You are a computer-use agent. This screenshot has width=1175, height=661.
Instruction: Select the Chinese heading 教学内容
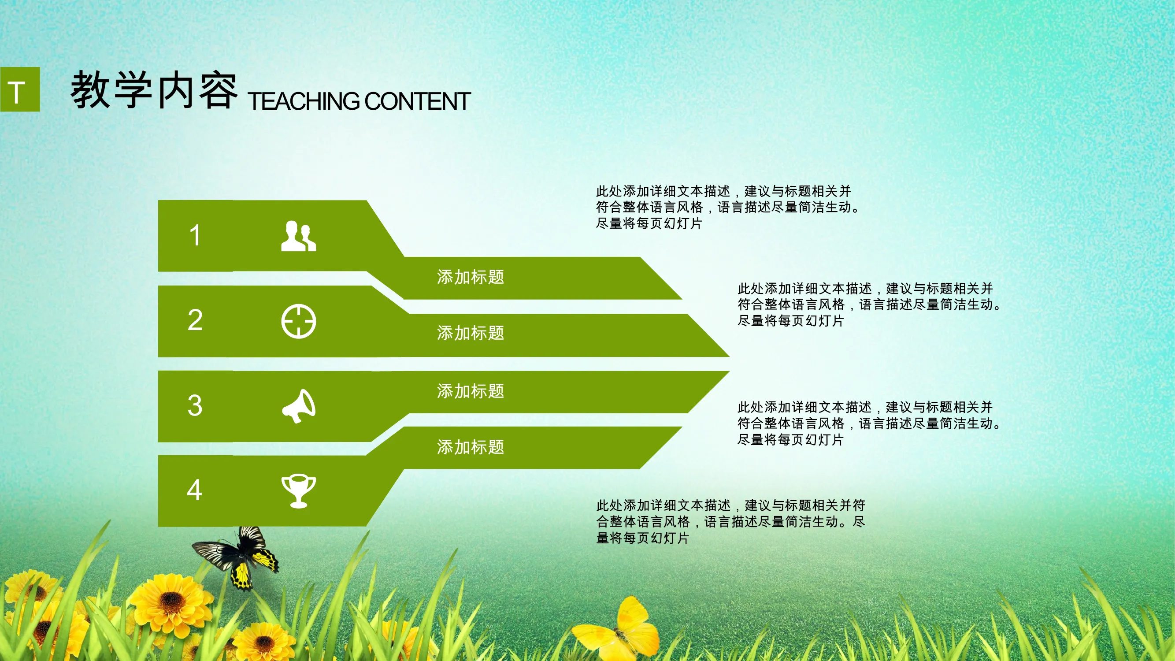point(154,90)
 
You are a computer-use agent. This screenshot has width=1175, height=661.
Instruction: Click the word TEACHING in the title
point(304,101)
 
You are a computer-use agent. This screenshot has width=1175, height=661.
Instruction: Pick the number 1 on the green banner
point(195,235)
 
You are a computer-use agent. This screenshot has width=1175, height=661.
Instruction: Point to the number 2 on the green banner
point(195,320)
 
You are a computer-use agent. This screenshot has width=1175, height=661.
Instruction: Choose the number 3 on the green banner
point(195,405)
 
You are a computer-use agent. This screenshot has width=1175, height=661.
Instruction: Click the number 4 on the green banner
point(195,490)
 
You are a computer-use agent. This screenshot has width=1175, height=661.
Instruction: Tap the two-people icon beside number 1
point(298,236)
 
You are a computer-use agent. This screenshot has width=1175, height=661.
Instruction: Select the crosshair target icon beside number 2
point(298,322)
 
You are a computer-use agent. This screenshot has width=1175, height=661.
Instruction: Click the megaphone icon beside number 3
point(299,406)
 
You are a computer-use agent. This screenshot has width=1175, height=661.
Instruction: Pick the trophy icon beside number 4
point(298,491)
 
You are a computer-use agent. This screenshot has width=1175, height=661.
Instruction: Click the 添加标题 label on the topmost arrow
point(470,277)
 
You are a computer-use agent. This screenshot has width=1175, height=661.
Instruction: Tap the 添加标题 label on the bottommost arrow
point(470,447)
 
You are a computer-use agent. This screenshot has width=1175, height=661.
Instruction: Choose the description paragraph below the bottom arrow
point(731,521)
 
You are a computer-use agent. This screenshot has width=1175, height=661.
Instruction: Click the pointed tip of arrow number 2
point(729,356)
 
